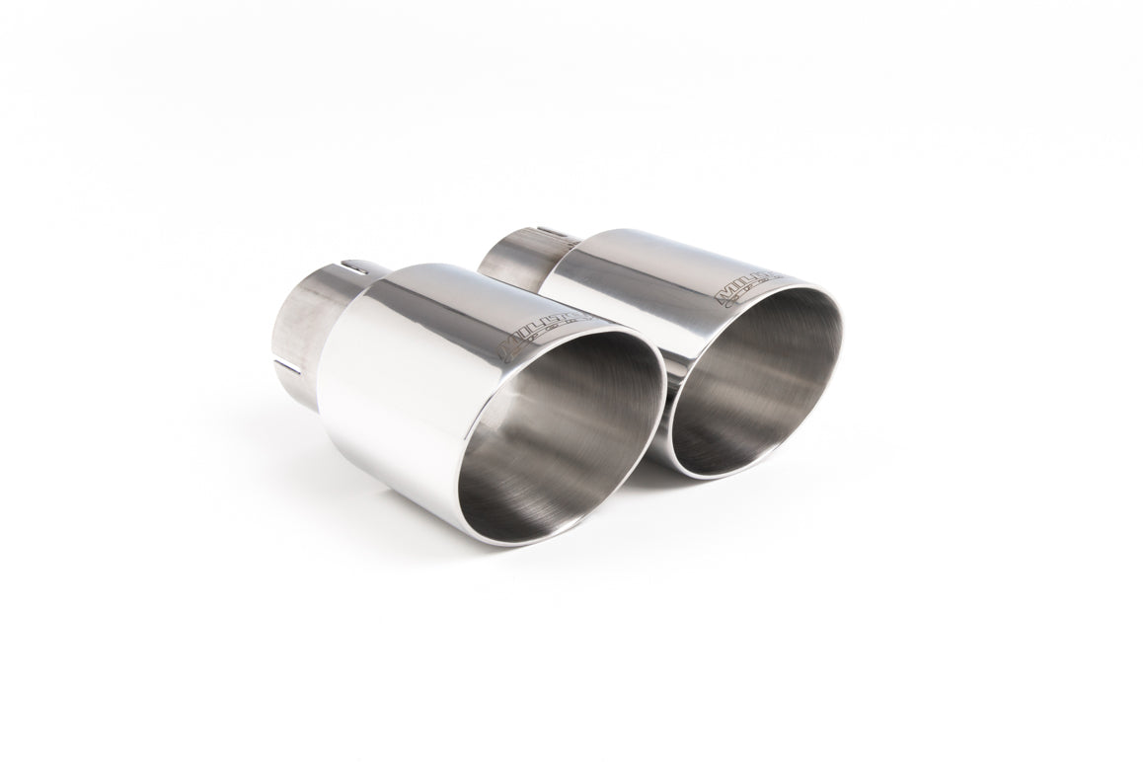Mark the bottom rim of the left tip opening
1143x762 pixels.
[513, 540]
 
